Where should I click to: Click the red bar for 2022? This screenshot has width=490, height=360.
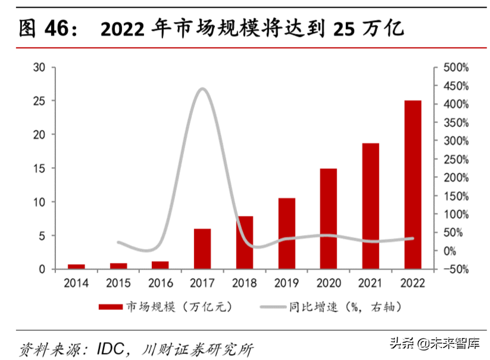click(413, 184)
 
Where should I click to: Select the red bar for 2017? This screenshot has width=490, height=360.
click(202, 249)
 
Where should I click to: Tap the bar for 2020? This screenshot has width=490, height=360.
click(328, 218)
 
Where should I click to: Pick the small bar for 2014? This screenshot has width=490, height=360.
click(76, 267)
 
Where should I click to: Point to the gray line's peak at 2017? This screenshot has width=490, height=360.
click(202, 89)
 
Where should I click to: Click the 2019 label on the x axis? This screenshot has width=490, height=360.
click(286, 283)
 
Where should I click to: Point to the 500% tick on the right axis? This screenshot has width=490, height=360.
click(455, 68)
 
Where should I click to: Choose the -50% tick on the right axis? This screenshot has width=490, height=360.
click(455, 270)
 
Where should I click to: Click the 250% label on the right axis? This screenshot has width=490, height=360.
click(455, 159)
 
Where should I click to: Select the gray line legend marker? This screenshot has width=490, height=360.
click(273, 307)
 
